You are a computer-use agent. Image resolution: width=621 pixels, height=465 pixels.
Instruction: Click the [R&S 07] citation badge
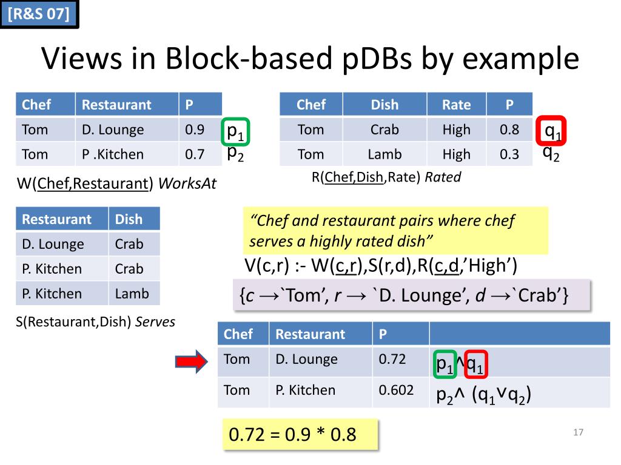click(x=39, y=14)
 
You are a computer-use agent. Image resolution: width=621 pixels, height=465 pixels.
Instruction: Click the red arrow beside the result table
click(x=192, y=361)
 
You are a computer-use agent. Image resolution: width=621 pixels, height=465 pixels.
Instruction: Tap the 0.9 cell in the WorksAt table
click(x=195, y=130)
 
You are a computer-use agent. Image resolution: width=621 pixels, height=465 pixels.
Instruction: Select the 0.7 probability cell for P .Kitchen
click(x=195, y=154)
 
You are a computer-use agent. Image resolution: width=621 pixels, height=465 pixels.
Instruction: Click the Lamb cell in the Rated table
click(x=384, y=154)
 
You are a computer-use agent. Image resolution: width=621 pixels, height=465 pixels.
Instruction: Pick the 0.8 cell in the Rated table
click(x=509, y=130)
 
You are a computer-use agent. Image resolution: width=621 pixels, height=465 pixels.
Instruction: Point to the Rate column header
click(x=456, y=105)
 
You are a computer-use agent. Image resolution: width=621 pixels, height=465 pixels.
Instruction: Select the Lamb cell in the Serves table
click(x=132, y=294)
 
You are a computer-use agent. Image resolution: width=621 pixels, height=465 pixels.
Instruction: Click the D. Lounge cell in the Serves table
click(x=53, y=244)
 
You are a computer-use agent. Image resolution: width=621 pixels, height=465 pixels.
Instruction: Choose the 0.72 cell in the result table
click(x=392, y=359)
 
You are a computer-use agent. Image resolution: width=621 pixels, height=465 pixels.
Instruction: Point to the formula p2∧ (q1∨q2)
click(x=484, y=395)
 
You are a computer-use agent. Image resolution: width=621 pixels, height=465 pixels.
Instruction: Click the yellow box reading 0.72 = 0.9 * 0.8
click(x=300, y=434)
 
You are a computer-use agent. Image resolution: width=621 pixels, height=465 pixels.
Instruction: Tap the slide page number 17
click(x=578, y=432)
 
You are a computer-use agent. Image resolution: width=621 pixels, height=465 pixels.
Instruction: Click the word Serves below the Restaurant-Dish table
click(x=155, y=322)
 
